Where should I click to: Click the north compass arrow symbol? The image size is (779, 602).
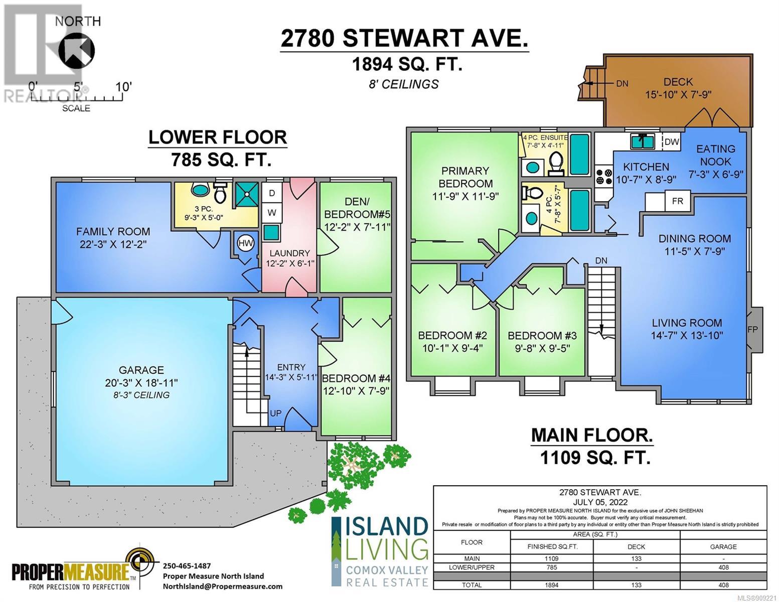point(76,50)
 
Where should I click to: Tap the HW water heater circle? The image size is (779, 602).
point(246,243)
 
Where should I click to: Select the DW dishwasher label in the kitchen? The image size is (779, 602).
point(672,141)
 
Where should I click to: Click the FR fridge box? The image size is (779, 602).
point(677,201)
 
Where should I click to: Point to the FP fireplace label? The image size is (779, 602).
point(752,329)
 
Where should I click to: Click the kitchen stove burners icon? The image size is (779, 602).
point(604,177)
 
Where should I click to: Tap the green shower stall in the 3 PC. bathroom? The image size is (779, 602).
point(246,194)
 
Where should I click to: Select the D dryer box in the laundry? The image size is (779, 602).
point(272,193)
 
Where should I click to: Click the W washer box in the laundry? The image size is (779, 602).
point(272,213)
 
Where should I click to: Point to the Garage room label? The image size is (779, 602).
point(141,370)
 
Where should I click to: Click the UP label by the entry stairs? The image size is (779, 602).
point(275,413)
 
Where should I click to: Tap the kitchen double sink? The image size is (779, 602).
point(643,141)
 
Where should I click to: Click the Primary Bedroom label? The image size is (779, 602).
point(465,177)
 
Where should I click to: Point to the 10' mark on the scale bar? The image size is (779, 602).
point(123,87)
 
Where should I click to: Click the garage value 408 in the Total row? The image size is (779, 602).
point(723,585)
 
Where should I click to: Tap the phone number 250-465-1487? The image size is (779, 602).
point(187,566)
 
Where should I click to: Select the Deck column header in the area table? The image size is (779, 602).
point(637,546)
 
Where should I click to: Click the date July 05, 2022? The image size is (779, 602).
point(600,502)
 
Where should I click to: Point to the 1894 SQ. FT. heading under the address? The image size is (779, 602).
point(407,65)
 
